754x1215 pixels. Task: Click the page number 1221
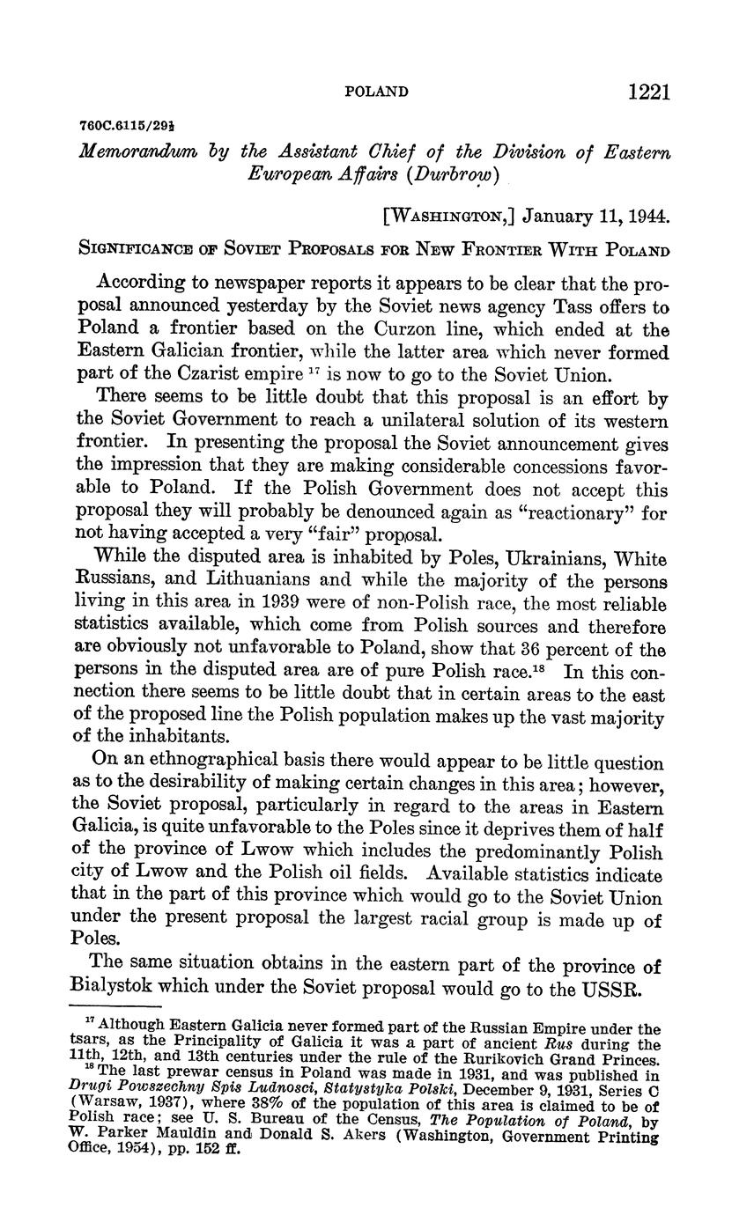click(650, 92)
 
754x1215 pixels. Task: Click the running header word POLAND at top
click(376, 92)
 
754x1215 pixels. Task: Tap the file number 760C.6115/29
click(118, 128)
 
